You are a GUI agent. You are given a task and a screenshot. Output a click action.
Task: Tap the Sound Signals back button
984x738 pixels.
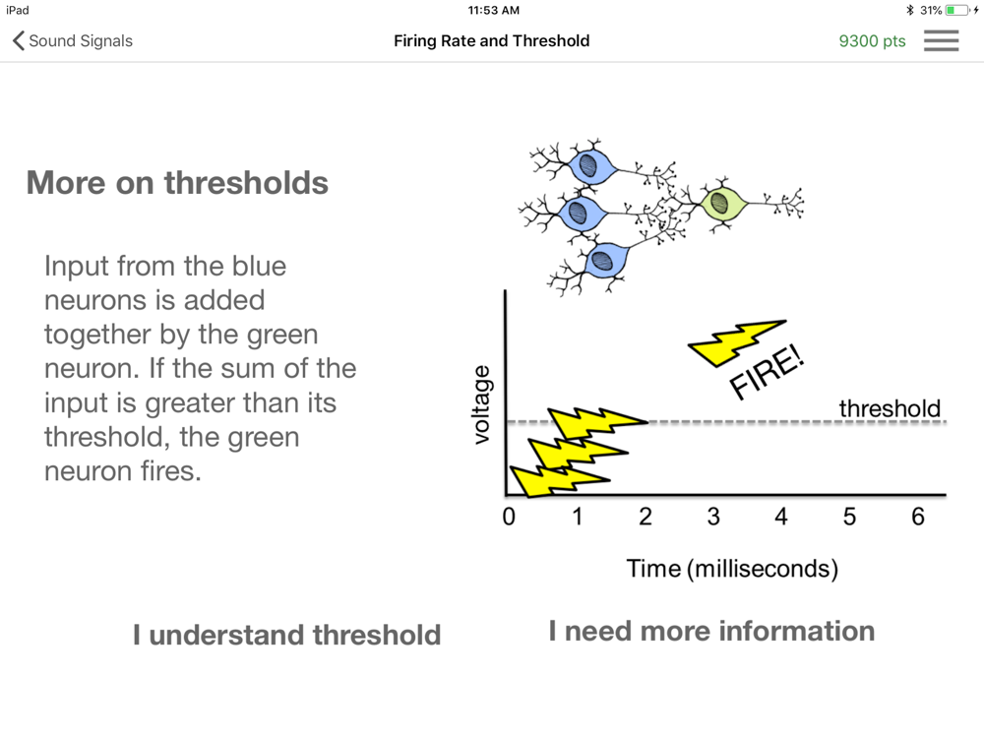[72, 40]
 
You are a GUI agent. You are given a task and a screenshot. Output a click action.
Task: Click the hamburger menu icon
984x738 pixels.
[941, 40]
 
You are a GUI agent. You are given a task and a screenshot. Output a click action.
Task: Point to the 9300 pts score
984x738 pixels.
[872, 41]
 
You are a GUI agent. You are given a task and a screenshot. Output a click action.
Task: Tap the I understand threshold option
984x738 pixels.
[286, 635]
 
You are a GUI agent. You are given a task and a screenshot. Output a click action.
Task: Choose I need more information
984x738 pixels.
[711, 631]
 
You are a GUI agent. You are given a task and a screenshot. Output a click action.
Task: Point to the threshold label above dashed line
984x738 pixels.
[890, 408]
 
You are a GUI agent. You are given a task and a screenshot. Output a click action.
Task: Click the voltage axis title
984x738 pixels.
[481, 404]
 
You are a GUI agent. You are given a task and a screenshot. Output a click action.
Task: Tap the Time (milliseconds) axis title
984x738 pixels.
[732, 569]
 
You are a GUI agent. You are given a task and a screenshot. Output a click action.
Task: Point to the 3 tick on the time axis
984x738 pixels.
[713, 517]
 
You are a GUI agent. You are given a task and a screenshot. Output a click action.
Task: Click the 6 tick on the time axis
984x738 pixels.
[917, 517]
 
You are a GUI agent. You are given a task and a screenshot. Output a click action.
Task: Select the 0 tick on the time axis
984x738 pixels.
[509, 517]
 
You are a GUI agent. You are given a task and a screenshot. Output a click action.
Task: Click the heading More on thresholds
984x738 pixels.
[177, 183]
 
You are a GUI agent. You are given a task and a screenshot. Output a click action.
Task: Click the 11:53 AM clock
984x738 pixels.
[493, 10]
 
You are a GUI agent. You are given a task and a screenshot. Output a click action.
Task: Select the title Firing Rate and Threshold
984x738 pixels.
[491, 40]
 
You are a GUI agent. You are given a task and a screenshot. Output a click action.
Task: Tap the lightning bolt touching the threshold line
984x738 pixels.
[597, 422]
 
